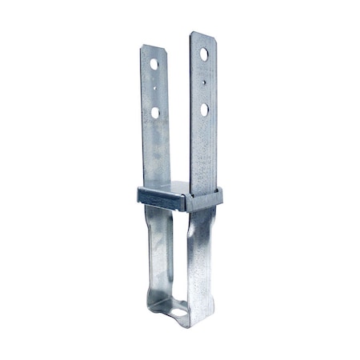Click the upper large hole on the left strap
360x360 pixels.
coord(154,63)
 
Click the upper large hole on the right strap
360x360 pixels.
coord(204,54)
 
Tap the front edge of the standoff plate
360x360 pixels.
coord(160,199)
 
